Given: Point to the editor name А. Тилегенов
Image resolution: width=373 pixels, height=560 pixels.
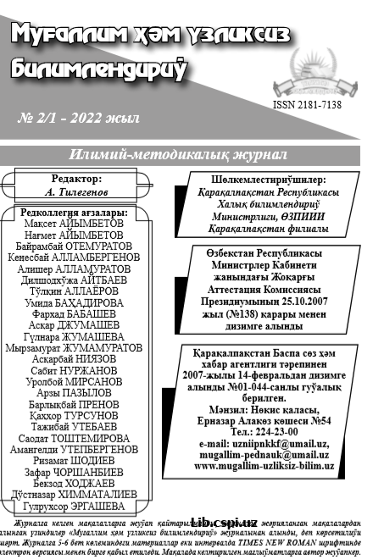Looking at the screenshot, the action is pyautogui.click(x=76, y=192).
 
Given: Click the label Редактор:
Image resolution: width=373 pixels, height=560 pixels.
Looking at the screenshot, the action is pyautogui.click(x=76, y=179).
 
